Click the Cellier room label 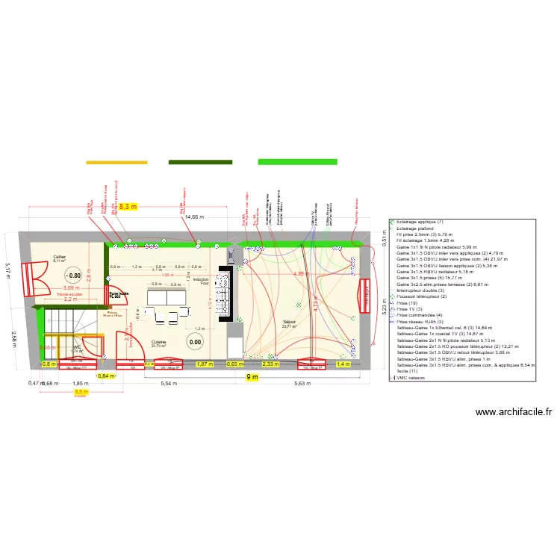59,258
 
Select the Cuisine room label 159,342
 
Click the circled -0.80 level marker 73,274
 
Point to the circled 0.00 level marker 195,343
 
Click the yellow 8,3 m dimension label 129,206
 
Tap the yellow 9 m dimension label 252,377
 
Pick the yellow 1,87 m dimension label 204,364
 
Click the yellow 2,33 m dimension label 270,364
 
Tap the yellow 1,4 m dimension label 343,364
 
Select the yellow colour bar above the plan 116,161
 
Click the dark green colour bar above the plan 200,161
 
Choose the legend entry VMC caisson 419,378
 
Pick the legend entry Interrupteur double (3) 423,290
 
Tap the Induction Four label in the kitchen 201,281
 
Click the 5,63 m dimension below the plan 302,383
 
